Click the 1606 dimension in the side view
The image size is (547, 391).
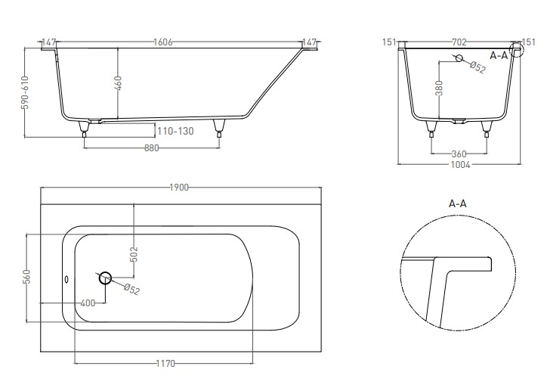click(x=163, y=42)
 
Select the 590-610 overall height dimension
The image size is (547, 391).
click(x=26, y=92)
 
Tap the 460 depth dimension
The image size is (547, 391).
click(x=119, y=83)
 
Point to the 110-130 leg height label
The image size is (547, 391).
click(x=175, y=132)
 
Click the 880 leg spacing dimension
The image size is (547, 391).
click(x=152, y=148)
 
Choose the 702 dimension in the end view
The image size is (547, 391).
click(x=459, y=42)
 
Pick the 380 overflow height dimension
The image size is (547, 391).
click(x=439, y=88)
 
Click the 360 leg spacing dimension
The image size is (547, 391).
click(x=459, y=154)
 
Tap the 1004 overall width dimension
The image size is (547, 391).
click(x=460, y=165)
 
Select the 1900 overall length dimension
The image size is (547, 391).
click(x=179, y=188)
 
